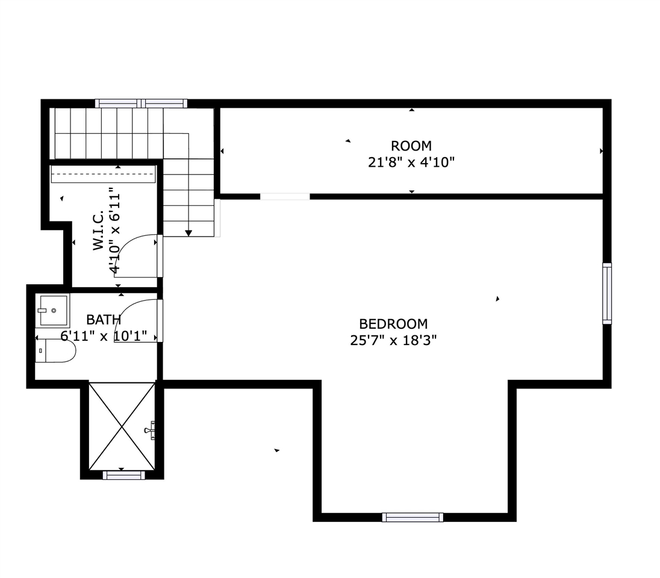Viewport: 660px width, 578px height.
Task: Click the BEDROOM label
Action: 393,324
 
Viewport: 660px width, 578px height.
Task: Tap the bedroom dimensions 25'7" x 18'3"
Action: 393,340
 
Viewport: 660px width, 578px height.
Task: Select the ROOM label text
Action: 411,146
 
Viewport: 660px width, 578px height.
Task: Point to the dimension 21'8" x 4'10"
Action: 411,162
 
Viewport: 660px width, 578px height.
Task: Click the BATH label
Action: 104,320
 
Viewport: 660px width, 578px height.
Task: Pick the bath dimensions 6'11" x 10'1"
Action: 104,336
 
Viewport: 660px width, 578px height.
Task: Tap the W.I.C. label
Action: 98,231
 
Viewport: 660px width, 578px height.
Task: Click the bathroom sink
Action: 54,311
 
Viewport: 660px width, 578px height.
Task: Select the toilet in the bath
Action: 55,351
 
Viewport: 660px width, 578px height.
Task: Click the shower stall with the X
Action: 122,426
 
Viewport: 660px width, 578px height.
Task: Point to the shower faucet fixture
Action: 150,430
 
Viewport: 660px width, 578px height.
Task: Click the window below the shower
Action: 124,475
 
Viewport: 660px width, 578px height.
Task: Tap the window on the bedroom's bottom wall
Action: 412,517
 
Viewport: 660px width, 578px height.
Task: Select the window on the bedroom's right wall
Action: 607,293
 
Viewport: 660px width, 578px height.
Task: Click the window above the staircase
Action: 141,104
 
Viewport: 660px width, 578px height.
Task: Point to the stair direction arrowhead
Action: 188,233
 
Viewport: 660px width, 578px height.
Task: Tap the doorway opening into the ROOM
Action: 285,197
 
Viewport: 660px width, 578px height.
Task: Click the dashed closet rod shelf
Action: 104,174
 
